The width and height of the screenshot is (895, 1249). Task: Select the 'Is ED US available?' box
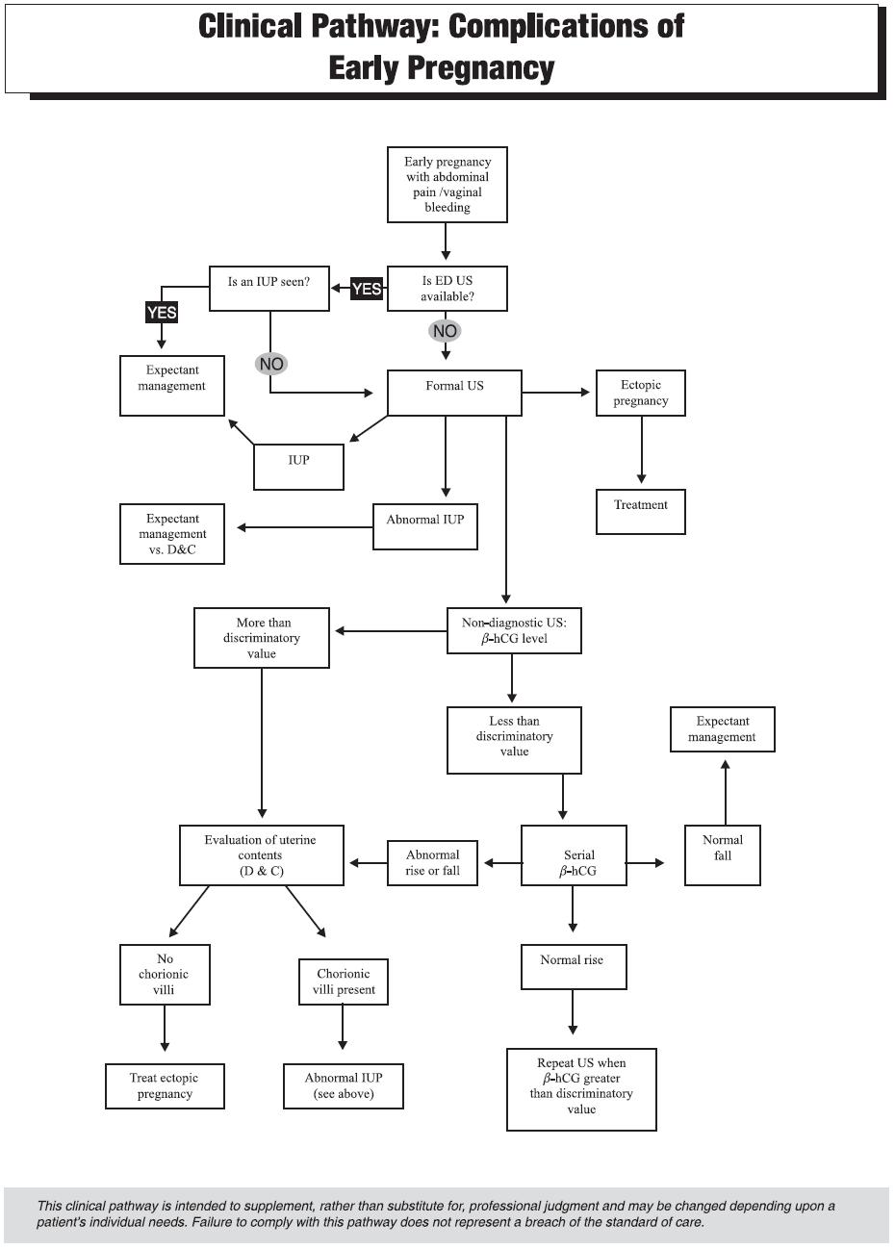447,289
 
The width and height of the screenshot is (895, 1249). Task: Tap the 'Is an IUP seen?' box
269,289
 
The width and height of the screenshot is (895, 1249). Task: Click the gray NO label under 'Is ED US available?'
445,331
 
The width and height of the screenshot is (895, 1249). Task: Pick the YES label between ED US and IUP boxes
367,289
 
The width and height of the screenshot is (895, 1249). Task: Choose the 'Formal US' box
454,393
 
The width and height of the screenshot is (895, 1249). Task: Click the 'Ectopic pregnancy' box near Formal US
640,394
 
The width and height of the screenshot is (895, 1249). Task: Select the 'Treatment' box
640,512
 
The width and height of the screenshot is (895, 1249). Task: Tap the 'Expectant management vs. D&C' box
172,534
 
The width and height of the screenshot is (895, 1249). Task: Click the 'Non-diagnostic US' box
514,630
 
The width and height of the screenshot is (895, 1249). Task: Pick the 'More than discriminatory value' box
262,638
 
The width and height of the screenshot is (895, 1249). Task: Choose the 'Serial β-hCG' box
574,855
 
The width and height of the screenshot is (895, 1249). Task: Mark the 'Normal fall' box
722,855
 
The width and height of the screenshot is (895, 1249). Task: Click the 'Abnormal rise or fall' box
432,863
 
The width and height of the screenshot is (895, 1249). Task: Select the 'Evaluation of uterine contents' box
261,855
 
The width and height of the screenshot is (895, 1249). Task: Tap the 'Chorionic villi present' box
343,981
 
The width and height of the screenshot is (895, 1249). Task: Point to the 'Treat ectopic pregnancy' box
165,1086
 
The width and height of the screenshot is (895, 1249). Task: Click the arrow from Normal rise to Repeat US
574,1012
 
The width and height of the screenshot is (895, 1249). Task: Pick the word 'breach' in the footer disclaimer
540,1222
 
